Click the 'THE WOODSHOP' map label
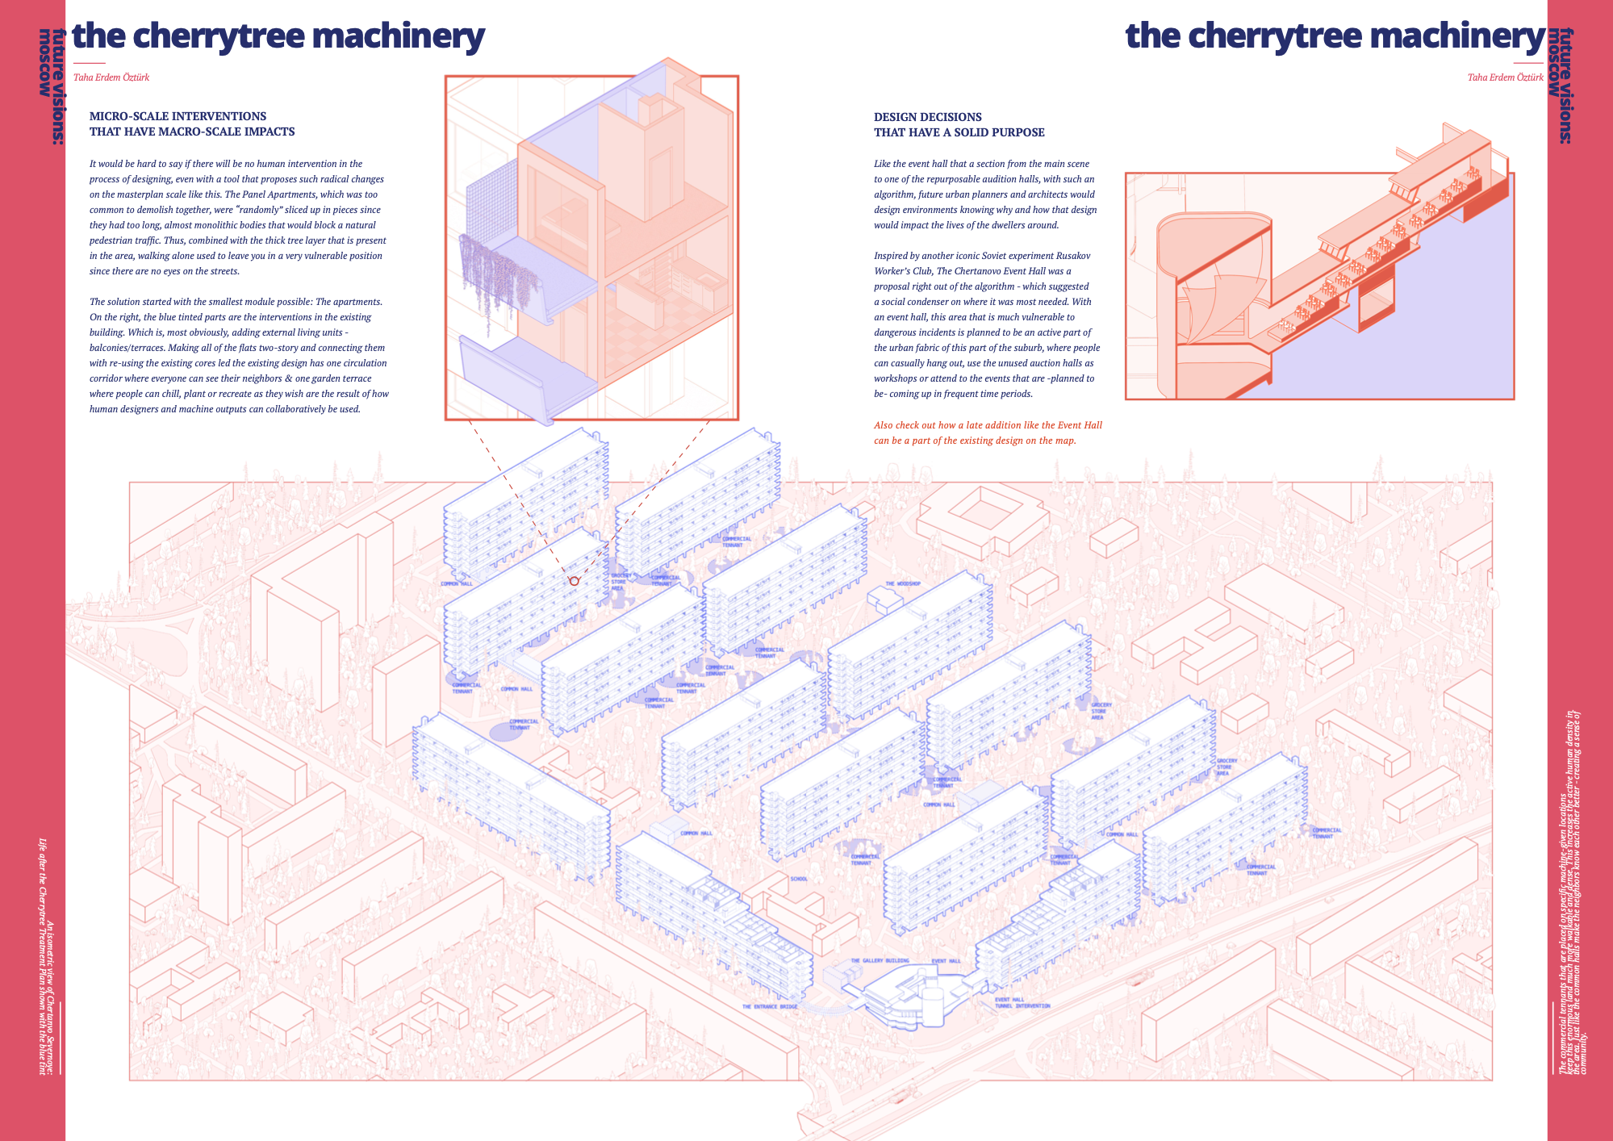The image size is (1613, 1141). point(903,583)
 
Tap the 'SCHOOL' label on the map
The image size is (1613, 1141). point(799,879)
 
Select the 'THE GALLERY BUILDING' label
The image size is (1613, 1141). point(880,961)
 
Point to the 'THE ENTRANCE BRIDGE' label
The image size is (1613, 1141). point(770,1006)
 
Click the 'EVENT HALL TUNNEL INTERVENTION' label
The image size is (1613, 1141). point(1022,1003)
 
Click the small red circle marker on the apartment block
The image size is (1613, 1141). point(575,581)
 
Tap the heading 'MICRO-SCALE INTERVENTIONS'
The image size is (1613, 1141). point(178,116)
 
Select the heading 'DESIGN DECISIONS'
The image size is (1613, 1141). point(928,117)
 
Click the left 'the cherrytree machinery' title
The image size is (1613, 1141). point(278,36)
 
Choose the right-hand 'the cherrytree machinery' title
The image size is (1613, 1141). point(1335,36)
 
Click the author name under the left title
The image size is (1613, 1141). point(111,77)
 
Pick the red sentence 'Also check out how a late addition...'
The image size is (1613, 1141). point(988,433)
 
